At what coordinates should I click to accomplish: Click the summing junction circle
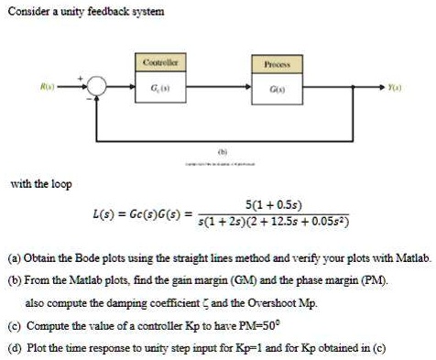(x=98, y=90)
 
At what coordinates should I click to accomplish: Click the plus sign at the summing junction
(x=89, y=80)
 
